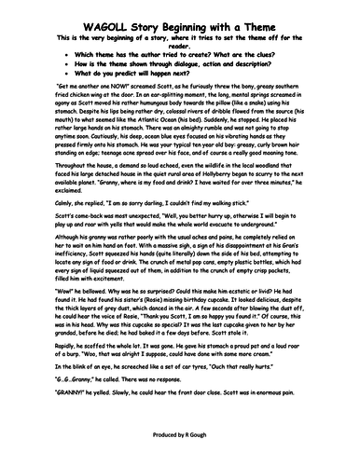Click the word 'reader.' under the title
point(179,28)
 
